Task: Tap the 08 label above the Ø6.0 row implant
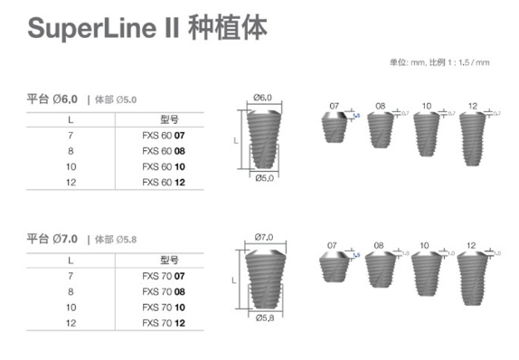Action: pos(381,107)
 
